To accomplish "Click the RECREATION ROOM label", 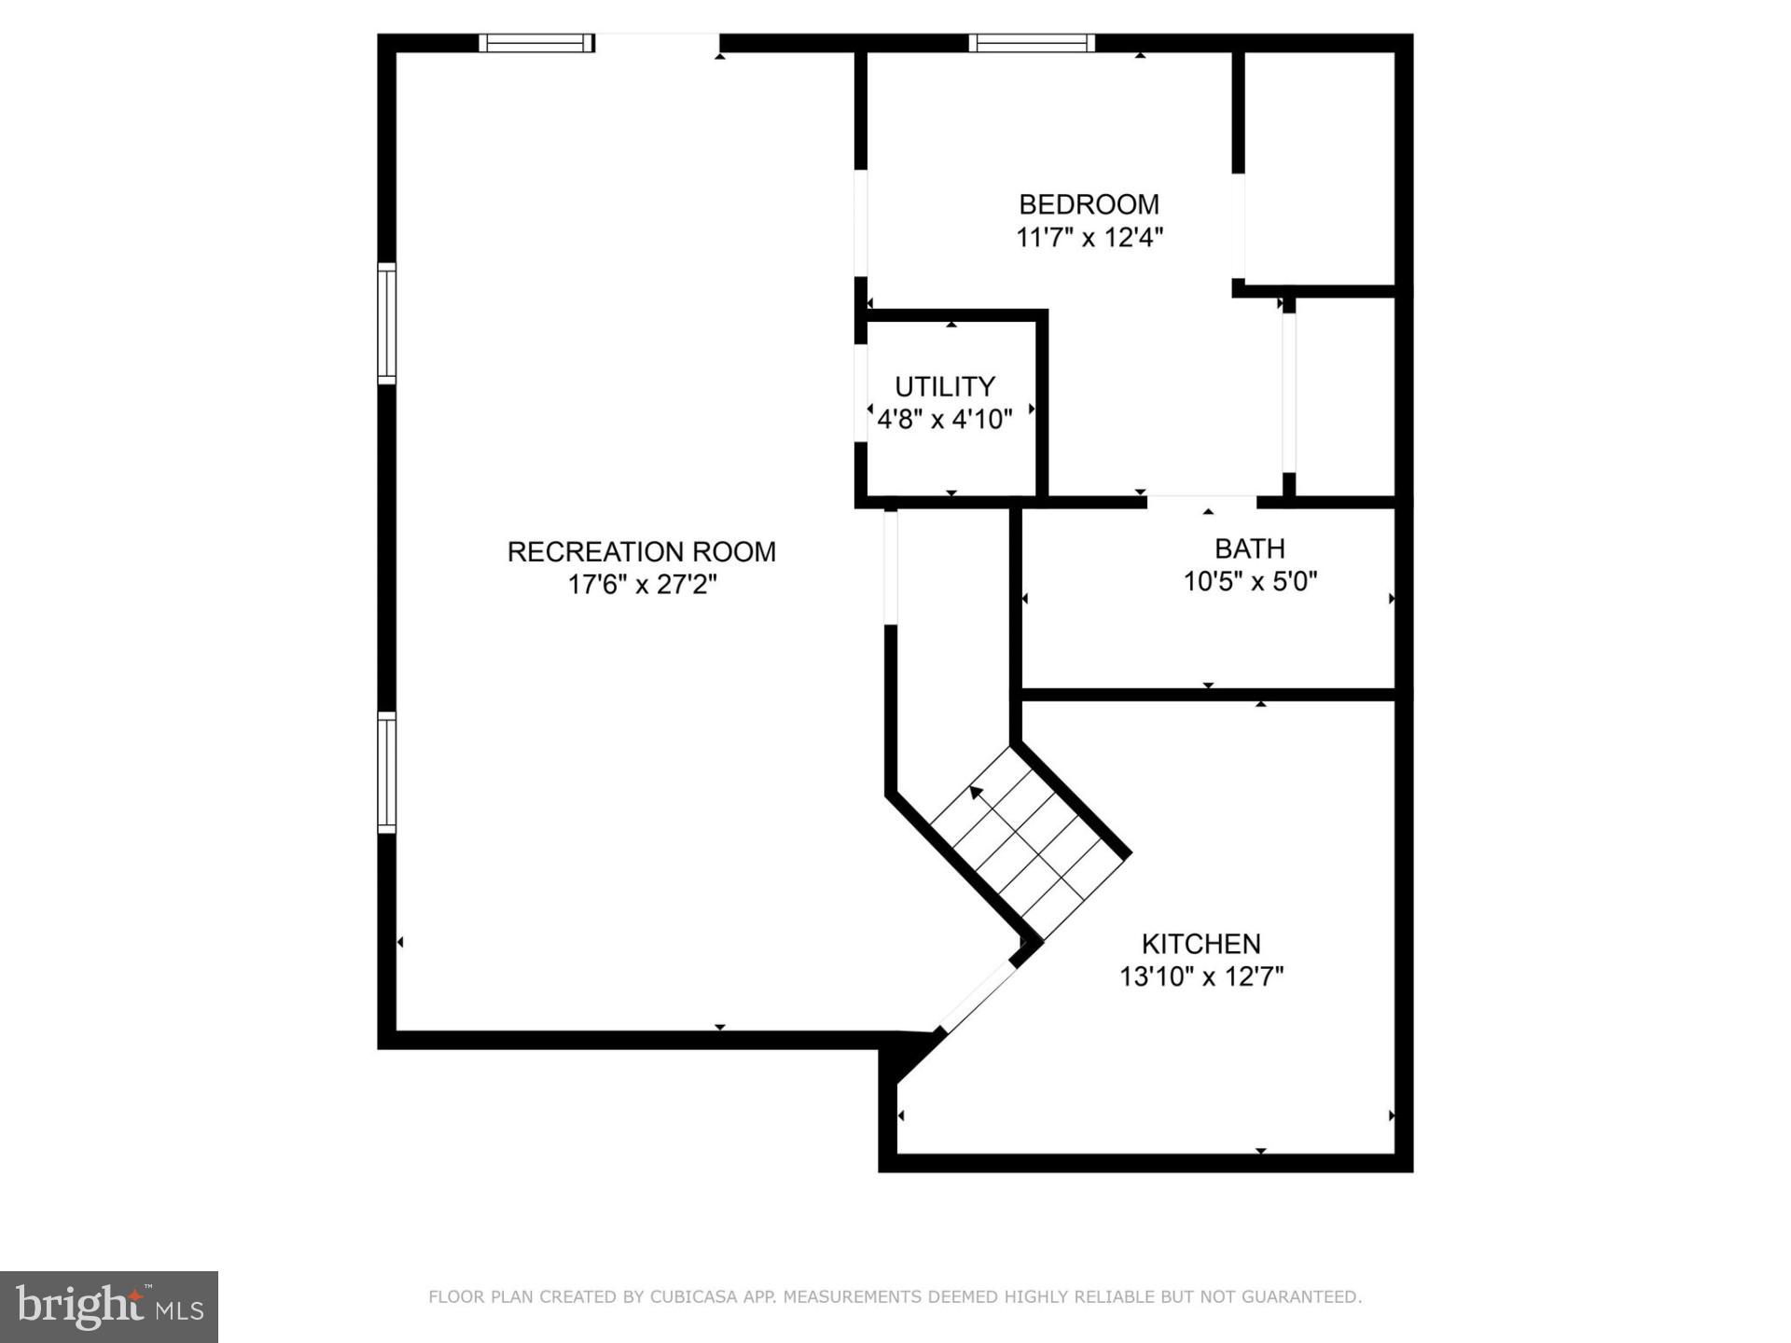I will (x=641, y=551).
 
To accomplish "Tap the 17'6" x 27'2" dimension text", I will (x=641, y=585).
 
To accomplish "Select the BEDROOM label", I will (x=1089, y=204).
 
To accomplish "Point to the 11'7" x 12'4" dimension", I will (x=1089, y=238).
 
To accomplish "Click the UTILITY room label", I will (x=944, y=386).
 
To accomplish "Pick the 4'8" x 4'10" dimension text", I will (x=944, y=420).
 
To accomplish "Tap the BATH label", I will (x=1249, y=548).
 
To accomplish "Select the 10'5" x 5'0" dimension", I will (x=1249, y=582).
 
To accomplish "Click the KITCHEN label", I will (x=1201, y=944).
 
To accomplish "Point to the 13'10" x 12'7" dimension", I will (x=1201, y=977).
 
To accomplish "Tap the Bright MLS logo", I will (x=108, y=1307).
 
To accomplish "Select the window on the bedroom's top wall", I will (x=1032, y=43).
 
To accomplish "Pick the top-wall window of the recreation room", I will (x=536, y=43).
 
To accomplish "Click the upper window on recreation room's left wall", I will (x=386, y=324).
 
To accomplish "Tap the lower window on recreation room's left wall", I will (x=386, y=772).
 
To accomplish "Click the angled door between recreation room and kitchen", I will (x=977, y=997).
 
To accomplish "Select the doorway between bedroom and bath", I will (x=1201, y=502).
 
